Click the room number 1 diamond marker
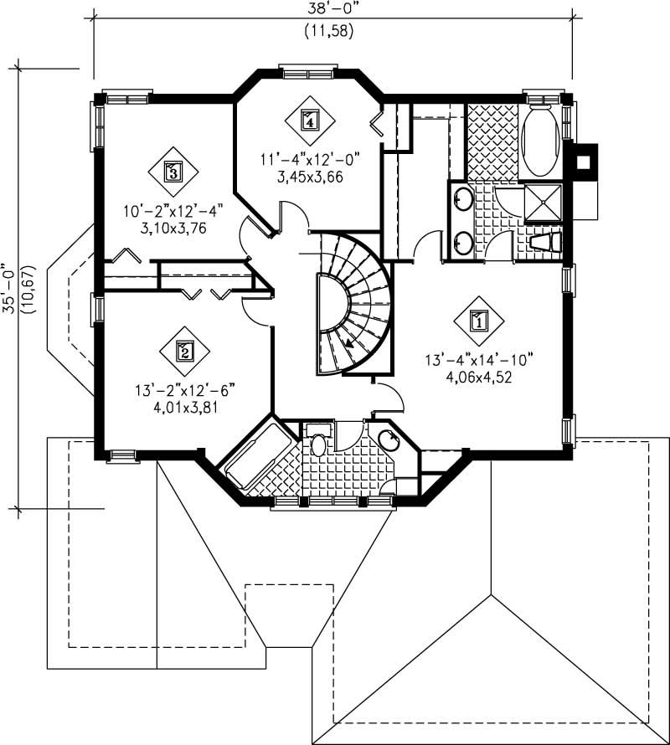click(x=479, y=320)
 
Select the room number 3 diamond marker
click(x=173, y=172)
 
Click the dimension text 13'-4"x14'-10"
click(x=479, y=361)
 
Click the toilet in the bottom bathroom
click(x=319, y=444)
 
